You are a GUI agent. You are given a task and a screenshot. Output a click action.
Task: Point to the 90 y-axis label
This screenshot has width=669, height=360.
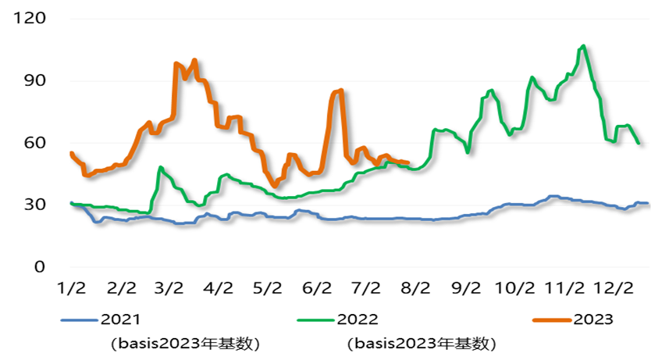click(34, 80)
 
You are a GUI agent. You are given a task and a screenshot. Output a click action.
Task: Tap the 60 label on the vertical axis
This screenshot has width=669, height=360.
click(34, 143)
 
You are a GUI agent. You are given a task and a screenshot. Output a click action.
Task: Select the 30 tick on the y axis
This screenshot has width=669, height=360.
click(34, 205)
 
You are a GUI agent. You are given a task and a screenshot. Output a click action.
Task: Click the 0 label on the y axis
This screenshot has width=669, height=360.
click(39, 267)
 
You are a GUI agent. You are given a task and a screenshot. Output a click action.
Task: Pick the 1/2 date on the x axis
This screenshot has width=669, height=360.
click(71, 287)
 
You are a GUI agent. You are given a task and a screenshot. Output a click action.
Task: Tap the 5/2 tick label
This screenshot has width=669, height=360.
click(268, 287)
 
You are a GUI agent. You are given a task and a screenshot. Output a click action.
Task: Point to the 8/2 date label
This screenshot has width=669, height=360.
click(415, 287)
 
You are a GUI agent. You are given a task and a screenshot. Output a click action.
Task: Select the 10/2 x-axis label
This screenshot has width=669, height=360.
click(516, 287)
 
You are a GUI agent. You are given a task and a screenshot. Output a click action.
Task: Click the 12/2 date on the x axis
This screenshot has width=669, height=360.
click(614, 287)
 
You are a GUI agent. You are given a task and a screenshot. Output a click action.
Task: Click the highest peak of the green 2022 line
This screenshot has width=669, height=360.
click(583, 46)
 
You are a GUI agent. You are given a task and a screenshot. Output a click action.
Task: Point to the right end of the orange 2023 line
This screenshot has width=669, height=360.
click(407, 162)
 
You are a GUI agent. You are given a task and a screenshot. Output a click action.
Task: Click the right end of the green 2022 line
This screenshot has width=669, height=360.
click(639, 143)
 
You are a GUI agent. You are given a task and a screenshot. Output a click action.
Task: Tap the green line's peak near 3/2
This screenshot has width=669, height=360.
click(161, 167)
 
